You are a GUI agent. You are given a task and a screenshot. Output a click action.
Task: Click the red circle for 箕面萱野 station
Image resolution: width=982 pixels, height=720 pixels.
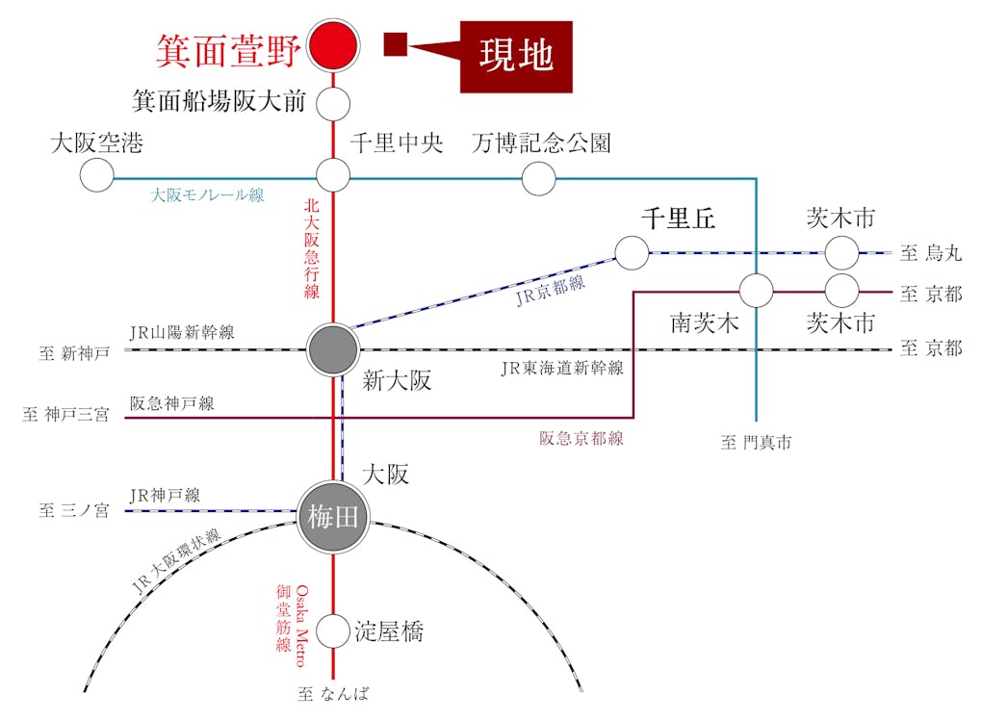coord(333,45)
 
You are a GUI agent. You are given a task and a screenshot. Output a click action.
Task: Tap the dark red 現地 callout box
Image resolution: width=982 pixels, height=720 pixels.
coord(516,57)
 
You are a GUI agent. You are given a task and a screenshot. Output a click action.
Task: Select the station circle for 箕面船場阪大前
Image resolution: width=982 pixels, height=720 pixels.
coord(333,102)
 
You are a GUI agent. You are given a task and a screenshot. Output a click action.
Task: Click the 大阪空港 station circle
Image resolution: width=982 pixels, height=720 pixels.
coord(96,175)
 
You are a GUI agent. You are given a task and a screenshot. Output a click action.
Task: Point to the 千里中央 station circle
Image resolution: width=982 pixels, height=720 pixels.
coord(333,175)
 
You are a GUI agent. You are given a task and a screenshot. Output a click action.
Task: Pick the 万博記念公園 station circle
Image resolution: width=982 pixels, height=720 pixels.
coord(538,177)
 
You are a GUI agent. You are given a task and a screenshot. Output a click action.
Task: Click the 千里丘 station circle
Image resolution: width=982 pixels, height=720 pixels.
coord(632,253)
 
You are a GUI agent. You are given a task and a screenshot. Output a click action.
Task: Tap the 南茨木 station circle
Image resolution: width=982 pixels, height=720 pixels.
coord(756,290)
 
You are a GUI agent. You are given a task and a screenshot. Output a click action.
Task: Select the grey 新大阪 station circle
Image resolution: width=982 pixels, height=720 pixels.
coord(333,350)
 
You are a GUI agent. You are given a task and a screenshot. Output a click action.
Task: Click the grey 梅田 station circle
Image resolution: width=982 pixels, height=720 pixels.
coord(333,517)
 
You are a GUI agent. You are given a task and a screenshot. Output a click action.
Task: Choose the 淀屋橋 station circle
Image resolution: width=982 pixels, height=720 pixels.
coord(333,631)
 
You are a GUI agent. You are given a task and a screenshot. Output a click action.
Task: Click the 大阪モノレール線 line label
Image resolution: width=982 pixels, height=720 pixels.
coord(207,195)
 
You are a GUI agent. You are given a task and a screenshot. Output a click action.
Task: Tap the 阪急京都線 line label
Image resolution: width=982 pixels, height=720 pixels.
coord(581,439)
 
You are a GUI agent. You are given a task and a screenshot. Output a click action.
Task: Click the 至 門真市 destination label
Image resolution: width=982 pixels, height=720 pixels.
coord(756,443)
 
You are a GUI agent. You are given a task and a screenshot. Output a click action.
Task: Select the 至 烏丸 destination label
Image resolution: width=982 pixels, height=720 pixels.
coord(930,254)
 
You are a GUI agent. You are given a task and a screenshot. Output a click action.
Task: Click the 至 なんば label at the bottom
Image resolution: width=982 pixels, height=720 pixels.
coord(333,694)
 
